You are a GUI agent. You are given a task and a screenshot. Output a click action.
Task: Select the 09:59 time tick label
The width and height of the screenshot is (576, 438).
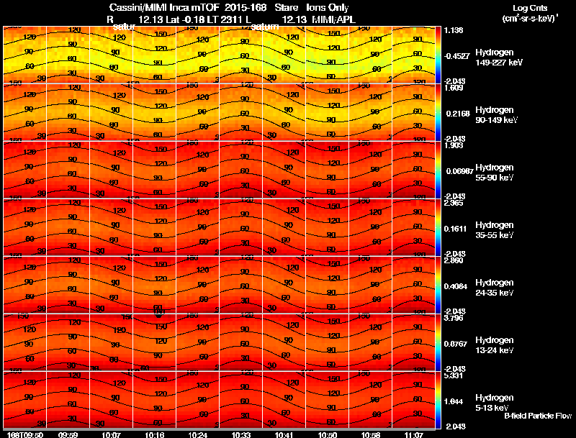pos(68,434)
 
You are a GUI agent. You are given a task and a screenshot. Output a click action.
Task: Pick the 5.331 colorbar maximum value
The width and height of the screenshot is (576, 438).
pos(453,375)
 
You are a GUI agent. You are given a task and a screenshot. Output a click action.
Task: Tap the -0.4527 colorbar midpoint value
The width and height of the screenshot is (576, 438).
pos(456,56)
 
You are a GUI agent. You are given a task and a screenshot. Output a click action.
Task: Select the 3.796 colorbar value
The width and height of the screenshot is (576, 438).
pos(453,318)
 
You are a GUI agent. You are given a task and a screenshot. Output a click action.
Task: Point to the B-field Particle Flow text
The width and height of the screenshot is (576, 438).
pos(537,416)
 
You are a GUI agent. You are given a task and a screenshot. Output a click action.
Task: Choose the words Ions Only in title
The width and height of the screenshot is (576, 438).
pos(328,8)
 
